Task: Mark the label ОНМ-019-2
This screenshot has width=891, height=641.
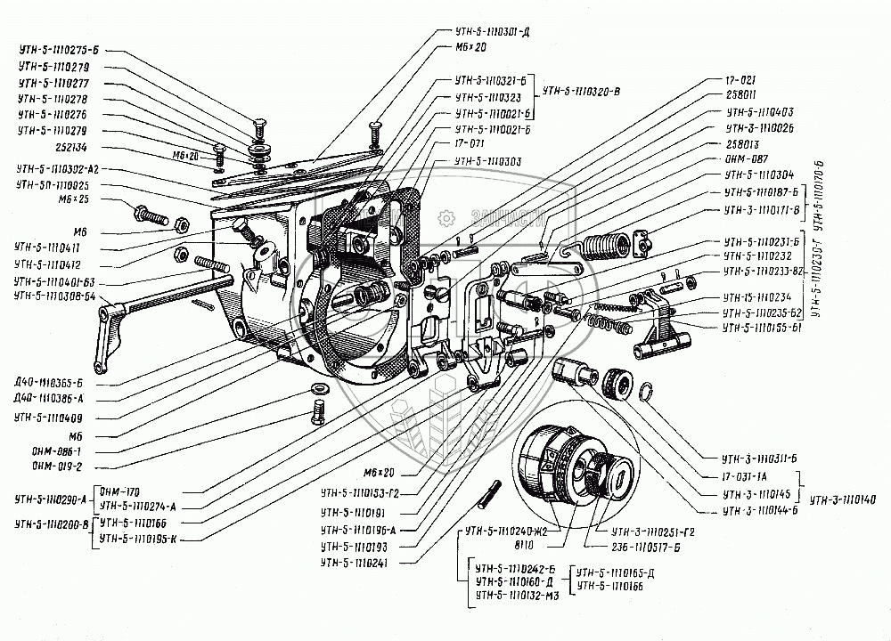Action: pyautogui.click(x=56, y=465)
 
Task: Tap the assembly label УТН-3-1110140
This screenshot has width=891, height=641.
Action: pyautogui.click(x=846, y=499)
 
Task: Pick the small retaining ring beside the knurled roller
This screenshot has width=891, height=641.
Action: pyautogui.click(x=650, y=391)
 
